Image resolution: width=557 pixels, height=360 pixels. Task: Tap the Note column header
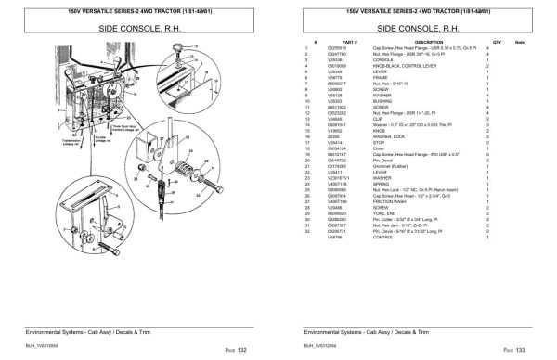[520, 43]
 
